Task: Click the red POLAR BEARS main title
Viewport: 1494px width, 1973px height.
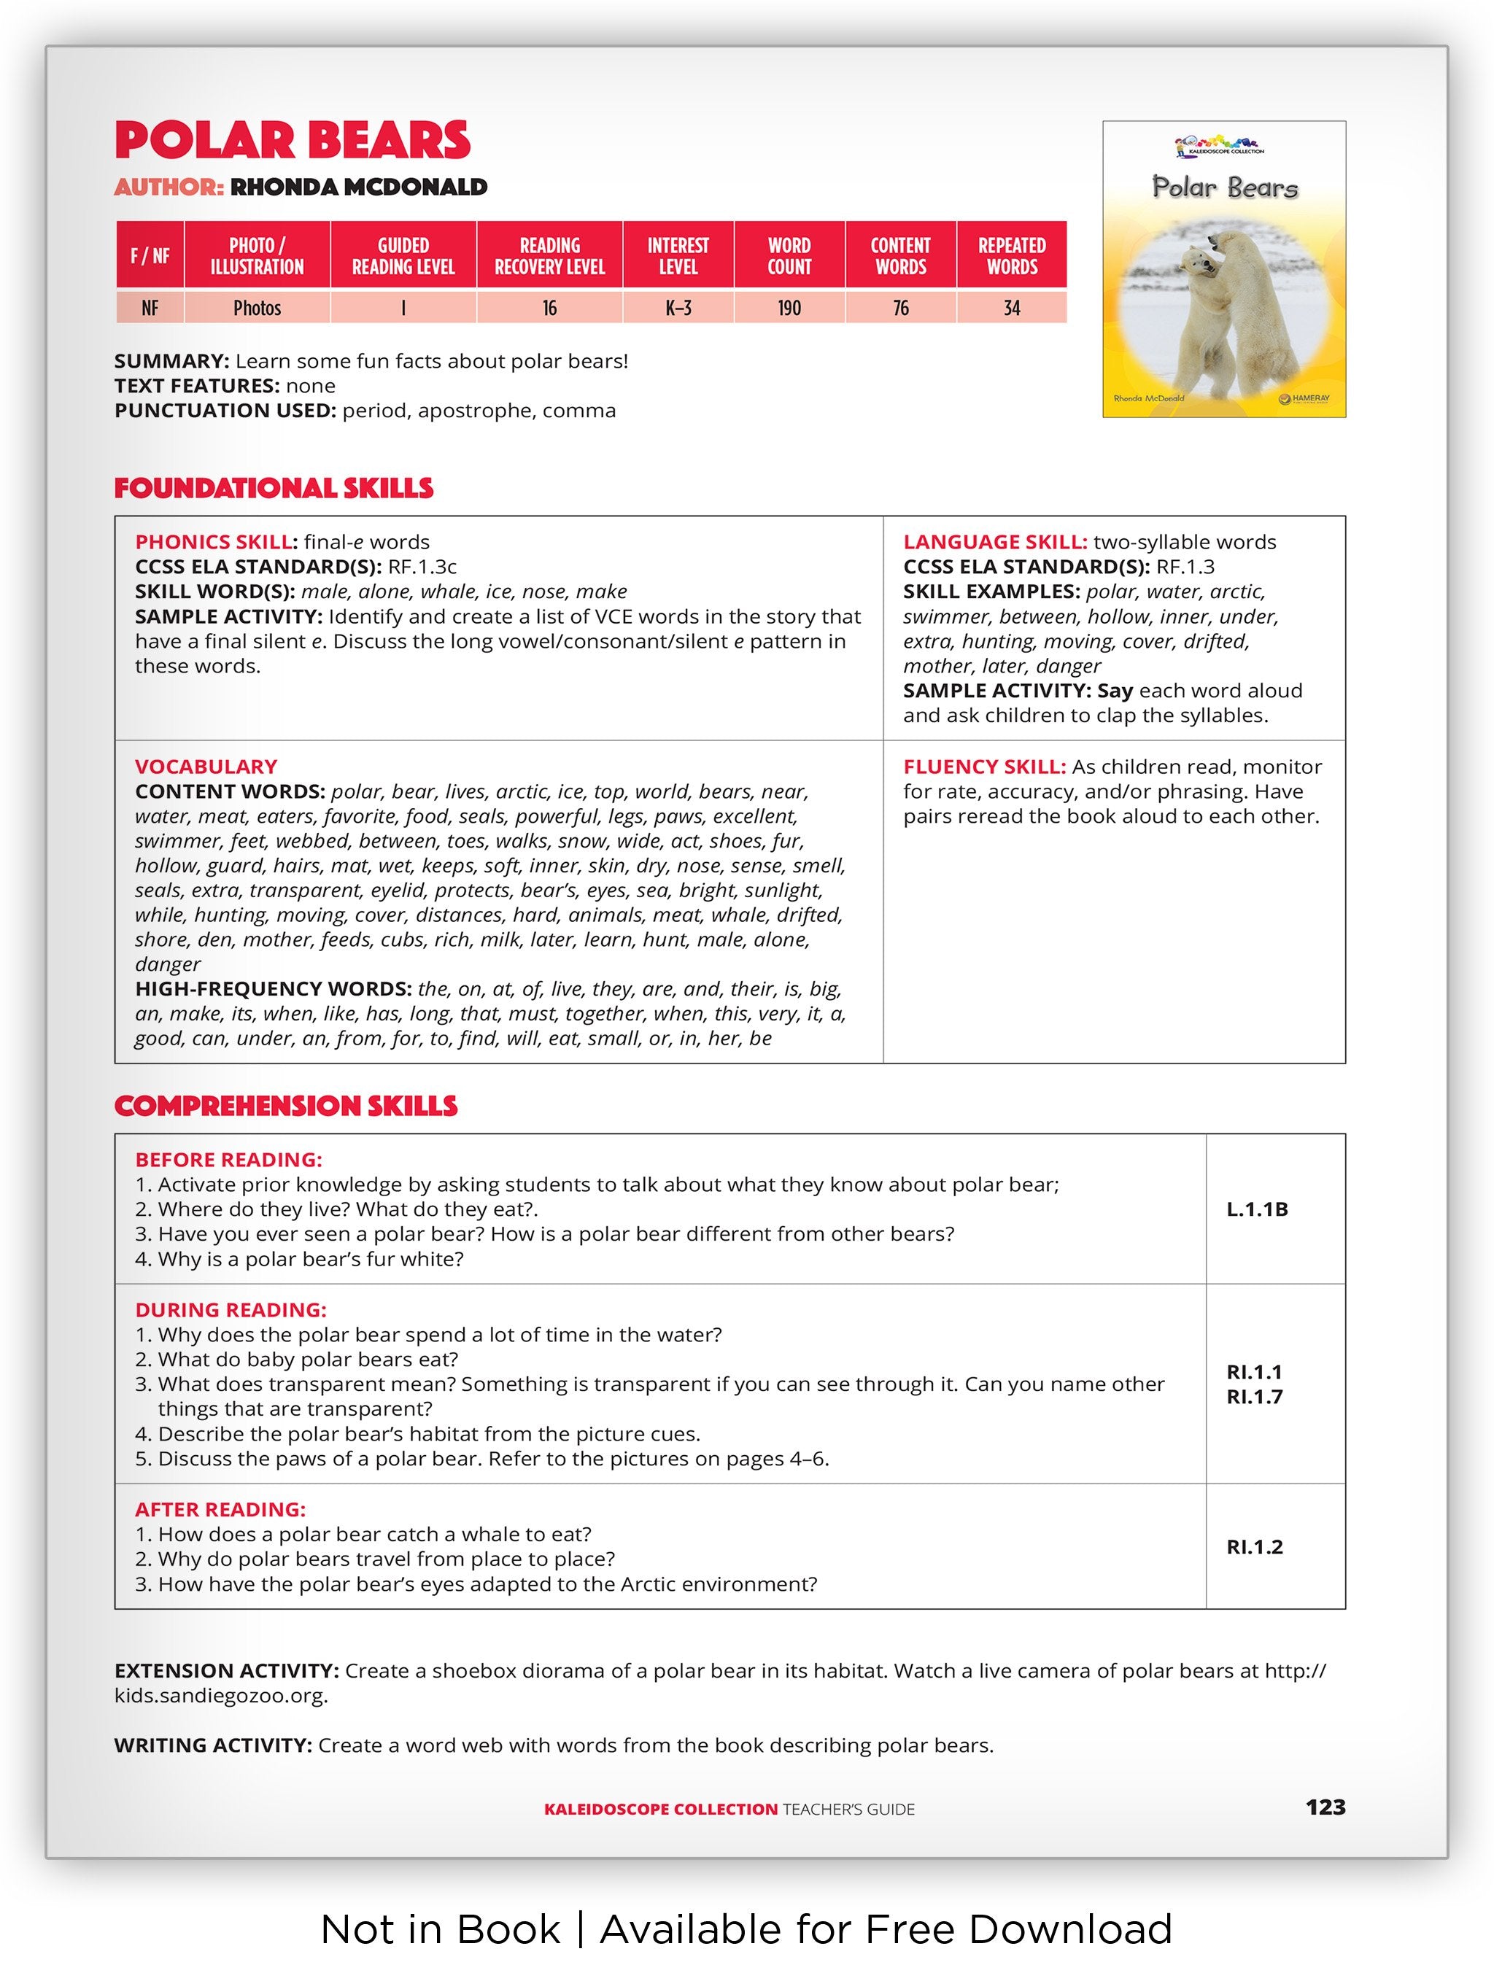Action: [x=292, y=141]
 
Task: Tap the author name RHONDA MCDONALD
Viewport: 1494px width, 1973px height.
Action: [x=359, y=187]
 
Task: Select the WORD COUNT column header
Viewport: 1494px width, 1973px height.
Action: [x=789, y=256]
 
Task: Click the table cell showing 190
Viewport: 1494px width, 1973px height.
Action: [x=789, y=309]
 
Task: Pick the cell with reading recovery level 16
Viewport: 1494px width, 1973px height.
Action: [x=549, y=309]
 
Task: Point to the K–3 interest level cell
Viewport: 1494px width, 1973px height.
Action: [x=678, y=309]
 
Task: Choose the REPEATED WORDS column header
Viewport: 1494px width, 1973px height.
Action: [x=1012, y=256]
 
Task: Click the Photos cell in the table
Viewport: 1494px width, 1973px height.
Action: [x=257, y=309]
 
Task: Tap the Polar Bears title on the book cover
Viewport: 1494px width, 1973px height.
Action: [x=1225, y=187]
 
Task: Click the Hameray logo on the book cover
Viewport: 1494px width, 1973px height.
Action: [x=1304, y=399]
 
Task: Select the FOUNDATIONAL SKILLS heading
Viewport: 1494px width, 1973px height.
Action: [x=274, y=489]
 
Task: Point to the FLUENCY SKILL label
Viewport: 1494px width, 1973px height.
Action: [x=984, y=767]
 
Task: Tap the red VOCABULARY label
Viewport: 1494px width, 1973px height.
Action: [x=206, y=767]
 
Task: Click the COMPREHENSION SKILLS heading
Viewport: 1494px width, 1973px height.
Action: [x=285, y=1107]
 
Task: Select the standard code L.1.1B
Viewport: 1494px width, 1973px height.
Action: [x=1257, y=1209]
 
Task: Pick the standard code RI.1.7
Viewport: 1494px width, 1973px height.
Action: [x=1254, y=1398]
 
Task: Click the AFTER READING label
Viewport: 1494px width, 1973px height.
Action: [x=220, y=1510]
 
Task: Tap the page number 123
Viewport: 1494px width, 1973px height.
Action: [x=1325, y=1807]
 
